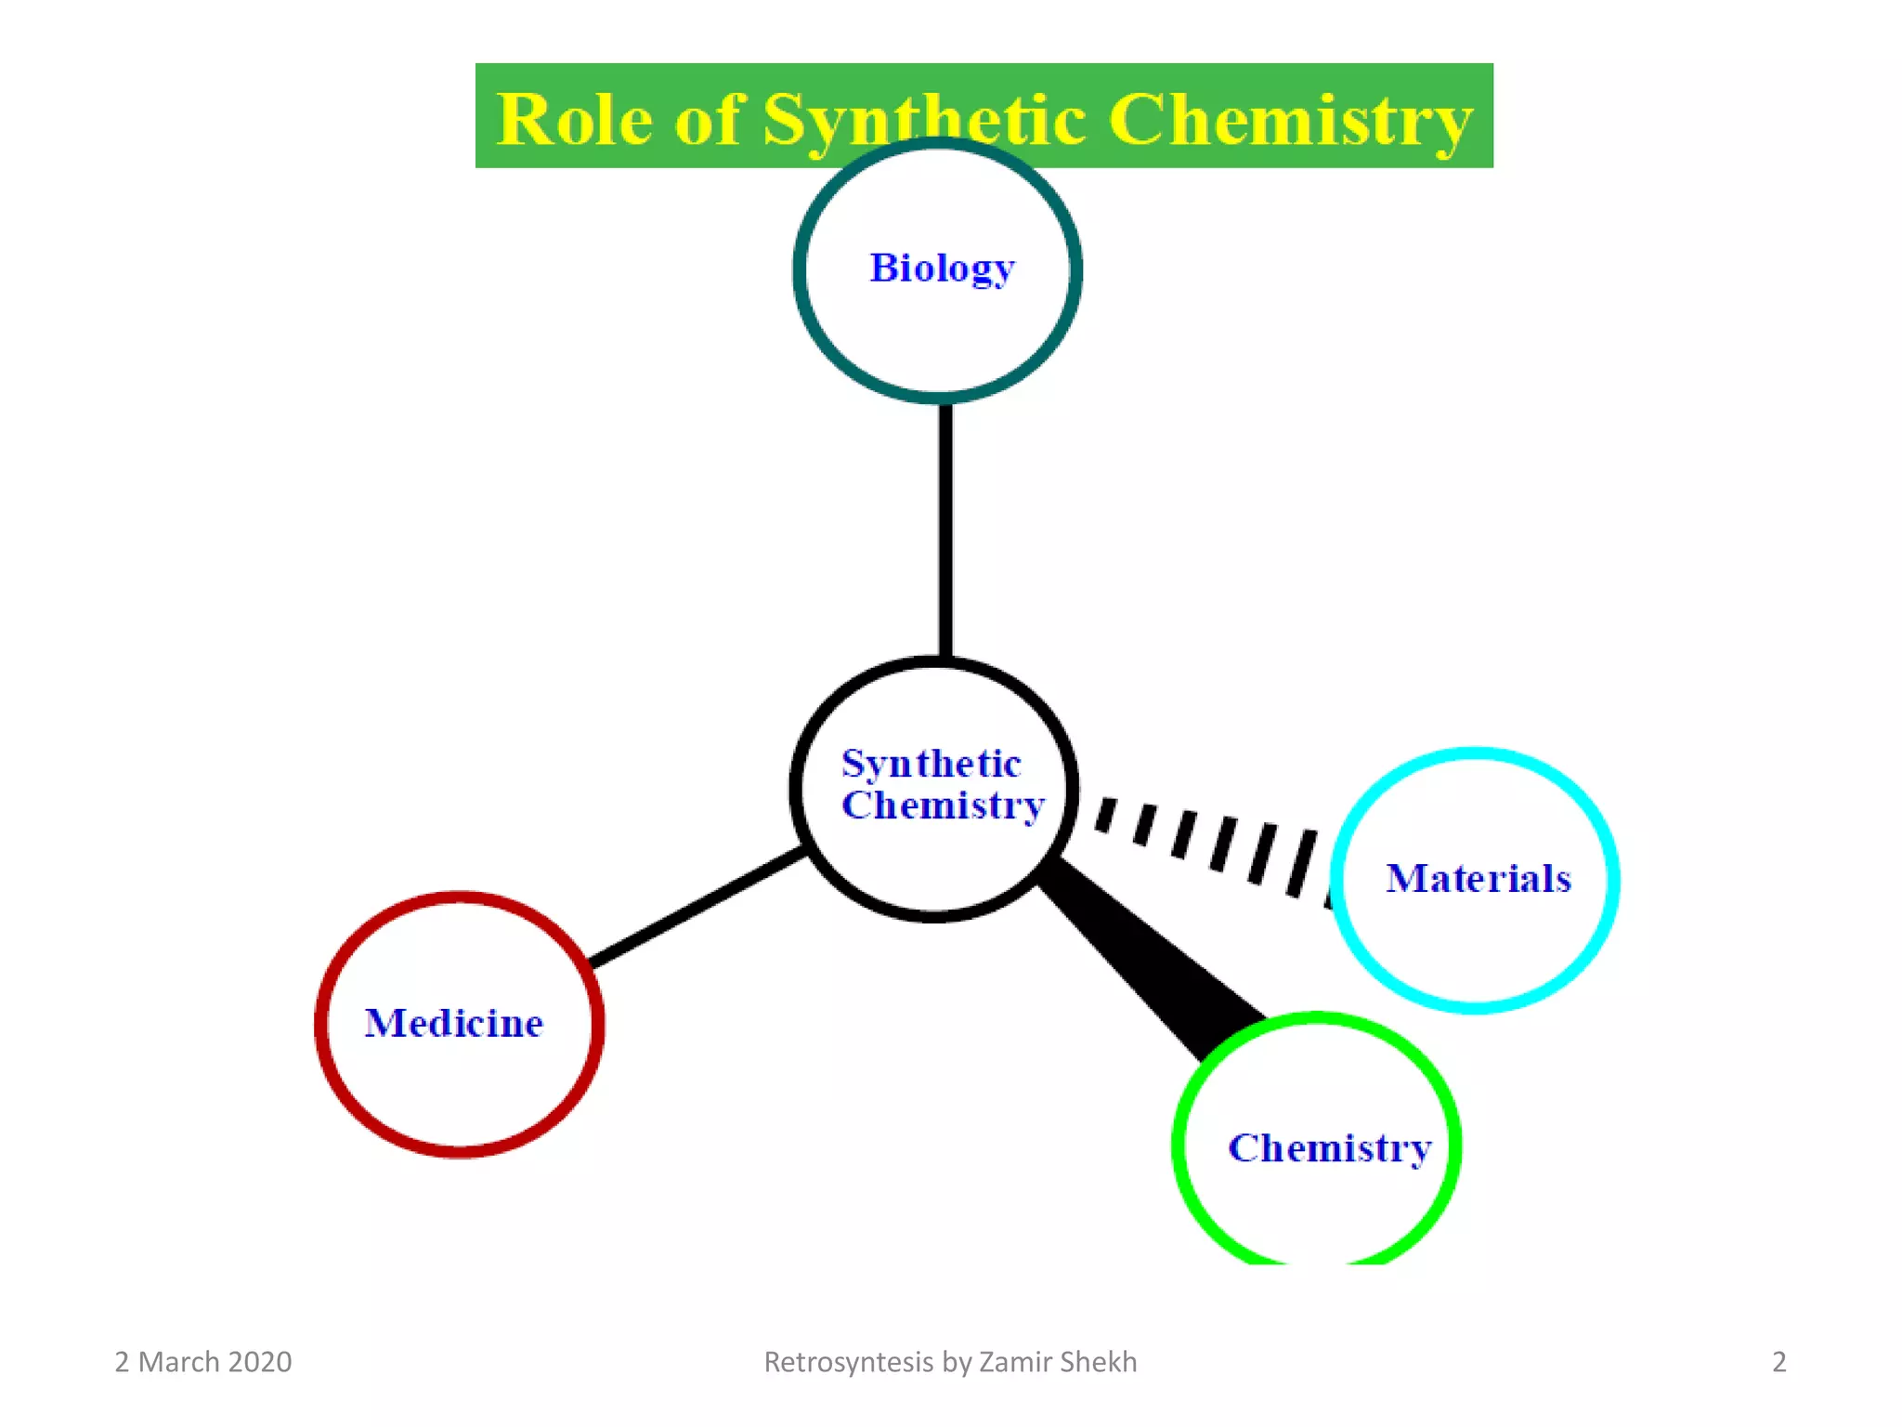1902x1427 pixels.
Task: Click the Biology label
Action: (942, 268)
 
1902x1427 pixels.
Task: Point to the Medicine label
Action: (453, 1023)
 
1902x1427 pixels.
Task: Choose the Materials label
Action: (1478, 878)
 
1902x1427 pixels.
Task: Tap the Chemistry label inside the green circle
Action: (1329, 1148)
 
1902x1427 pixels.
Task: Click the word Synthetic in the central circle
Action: (931, 764)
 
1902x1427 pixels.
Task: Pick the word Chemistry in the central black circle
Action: (943, 805)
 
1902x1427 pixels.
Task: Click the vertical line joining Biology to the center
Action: (945, 530)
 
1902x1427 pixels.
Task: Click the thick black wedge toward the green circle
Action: (1152, 957)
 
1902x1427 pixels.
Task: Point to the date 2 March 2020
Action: (202, 1362)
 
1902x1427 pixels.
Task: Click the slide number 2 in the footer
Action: (1778, 1362)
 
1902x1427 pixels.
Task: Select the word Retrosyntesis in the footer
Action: (848, 1362)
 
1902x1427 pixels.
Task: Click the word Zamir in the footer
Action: (1015, 1362)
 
